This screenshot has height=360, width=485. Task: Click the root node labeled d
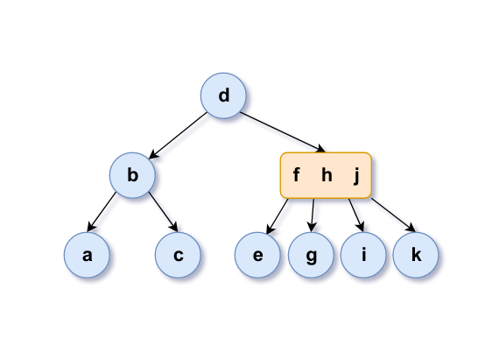pos(223,95)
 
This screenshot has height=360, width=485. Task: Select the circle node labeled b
pos(132,175)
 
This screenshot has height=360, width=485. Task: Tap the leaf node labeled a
pos(87,255)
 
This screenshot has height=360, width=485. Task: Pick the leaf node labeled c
pos(178,255)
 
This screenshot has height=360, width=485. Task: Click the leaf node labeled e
pos(257,255)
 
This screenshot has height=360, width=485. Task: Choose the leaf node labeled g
pos(311,255)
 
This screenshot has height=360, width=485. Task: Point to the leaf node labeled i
pos(363,255)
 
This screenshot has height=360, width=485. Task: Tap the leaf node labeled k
pos(416,255)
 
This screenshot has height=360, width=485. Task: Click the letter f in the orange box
pos(296,174)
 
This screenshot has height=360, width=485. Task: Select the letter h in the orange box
pos(327,175)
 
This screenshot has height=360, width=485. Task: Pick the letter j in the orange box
pos(356,176)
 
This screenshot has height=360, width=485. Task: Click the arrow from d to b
pos(179,136)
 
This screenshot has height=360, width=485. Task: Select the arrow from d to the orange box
pos(283,132)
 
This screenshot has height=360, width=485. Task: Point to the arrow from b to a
pos(102,212)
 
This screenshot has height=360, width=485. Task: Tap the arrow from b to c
pos(164,212)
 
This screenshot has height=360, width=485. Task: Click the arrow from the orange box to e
pos(278,216)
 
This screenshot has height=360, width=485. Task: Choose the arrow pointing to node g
pos(313,215)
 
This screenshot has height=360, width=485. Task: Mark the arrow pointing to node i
pos(356,215)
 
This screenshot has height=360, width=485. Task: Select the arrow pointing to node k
pos(393,215)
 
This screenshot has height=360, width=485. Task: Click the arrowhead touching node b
pos(153,155)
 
